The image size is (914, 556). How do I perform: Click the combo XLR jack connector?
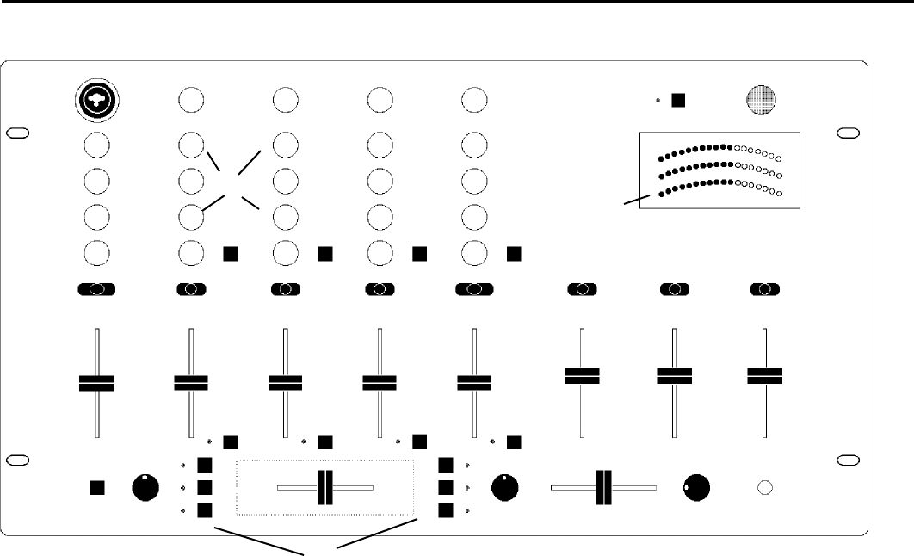pos(97,101)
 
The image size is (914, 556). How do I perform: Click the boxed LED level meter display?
pos(719,170)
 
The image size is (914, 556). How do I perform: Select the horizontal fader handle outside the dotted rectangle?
pos(602,487)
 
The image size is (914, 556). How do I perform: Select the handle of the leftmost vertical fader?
pos(96,383)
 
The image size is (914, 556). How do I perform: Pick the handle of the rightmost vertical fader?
pos(764,374)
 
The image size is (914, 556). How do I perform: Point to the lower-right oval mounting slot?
pos(848,460)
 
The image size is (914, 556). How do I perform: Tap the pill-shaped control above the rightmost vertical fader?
pos(764,289)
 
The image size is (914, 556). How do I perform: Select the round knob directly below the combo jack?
pos(97,144)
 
